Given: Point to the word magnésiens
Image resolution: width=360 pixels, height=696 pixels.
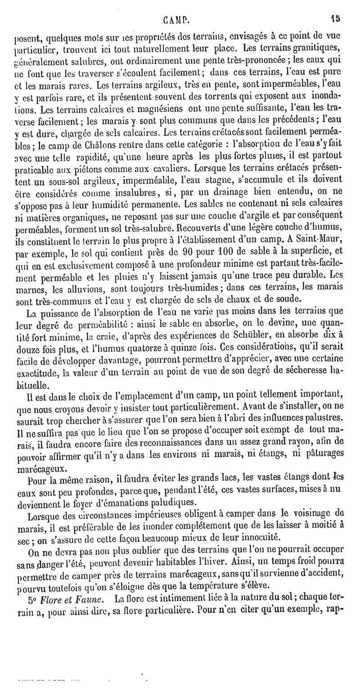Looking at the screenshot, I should [146, 120].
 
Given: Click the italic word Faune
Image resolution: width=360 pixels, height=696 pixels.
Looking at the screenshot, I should [91, 598].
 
